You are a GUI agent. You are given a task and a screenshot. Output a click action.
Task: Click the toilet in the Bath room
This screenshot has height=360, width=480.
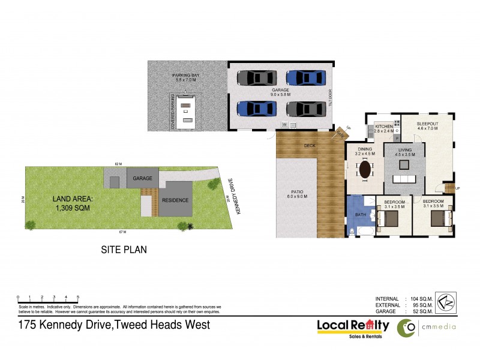tap(352, 231)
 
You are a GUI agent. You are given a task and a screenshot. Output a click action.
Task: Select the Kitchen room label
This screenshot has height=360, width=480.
tap(384, 127)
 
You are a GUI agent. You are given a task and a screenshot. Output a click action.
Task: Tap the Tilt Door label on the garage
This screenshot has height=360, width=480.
tap(329, 96)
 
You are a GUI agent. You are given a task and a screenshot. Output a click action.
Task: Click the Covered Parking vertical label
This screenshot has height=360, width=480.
tap(173, 112)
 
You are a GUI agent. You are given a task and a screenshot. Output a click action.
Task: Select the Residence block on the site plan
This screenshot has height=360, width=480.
tap(176, 200)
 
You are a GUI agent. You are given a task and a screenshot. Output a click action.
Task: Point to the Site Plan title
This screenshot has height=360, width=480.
tap(124, 249)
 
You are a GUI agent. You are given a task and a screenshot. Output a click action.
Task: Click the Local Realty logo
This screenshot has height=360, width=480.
tap(353, 326)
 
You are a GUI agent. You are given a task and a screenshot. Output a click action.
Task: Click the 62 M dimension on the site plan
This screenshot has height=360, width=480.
tap(118, 164)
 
